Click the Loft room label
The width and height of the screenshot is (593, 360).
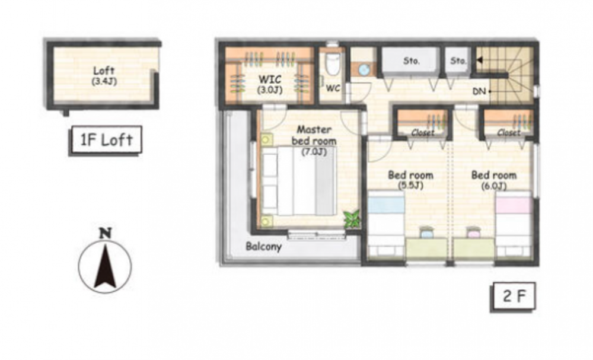coord(104,71)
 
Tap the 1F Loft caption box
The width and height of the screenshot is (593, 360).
coord(106,141)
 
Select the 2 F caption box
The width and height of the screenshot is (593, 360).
coord(514,296)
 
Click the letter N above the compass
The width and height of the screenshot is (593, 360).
coord(105,233)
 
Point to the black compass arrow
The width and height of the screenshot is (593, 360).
coord(105,266)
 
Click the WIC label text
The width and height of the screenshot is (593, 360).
coord(270,79)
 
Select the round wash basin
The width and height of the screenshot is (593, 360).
coord(364,69)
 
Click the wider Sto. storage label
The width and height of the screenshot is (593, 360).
coord(411,60)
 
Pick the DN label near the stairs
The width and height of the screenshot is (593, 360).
coord(479,91)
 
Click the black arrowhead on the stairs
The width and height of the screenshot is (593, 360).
coord(479,60)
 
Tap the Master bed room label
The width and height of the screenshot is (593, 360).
coord(314,135)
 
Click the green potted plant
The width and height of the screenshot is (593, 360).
coord(352,219)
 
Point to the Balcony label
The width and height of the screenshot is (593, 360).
coord(264,247)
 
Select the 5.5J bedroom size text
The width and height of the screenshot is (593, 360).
coord(410,185)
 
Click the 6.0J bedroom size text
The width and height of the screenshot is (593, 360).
coord(494,186)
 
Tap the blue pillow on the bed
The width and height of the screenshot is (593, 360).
coord(386,205)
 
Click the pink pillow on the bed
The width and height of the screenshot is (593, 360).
coord(513,205)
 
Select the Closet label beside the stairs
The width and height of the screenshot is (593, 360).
coord(509,132)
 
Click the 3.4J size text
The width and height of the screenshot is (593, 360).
coord(104,81)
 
